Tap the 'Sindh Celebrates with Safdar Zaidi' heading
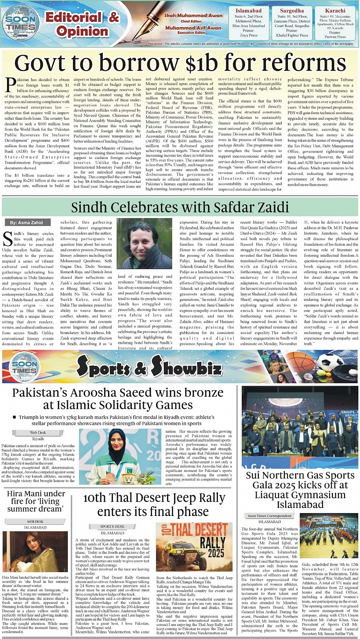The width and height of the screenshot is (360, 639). click(180, 207)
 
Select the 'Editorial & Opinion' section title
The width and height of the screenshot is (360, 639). click(82, 24)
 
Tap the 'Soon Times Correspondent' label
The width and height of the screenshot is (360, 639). click(269, 516)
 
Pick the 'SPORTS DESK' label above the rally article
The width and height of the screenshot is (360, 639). click(112, 526)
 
